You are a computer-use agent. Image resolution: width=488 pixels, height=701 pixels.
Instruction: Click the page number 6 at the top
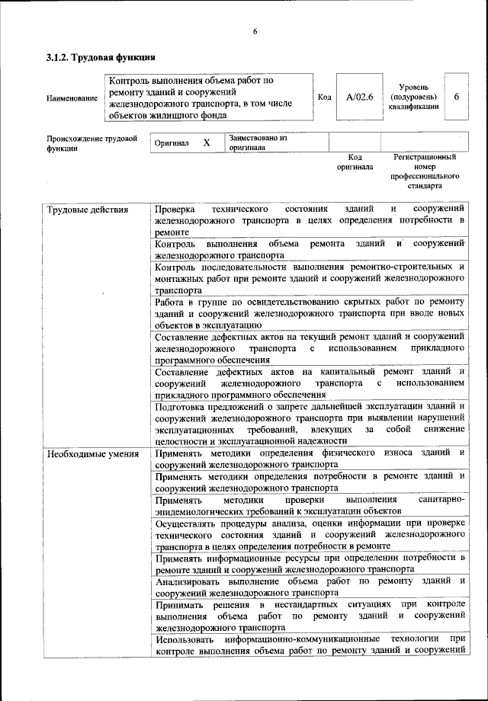(255, 30)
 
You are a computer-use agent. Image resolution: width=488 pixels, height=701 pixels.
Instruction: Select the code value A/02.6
(358, 98)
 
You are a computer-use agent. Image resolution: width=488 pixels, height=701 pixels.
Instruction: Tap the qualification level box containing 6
(456, 98)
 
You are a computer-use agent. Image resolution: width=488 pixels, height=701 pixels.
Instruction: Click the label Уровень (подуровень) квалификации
(413, 98)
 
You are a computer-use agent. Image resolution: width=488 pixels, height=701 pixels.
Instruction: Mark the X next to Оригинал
(206, 142)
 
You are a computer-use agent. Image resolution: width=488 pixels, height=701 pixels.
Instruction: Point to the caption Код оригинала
(355, 162)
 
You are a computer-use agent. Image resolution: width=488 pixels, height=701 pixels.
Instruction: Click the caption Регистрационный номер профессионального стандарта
(424, 171)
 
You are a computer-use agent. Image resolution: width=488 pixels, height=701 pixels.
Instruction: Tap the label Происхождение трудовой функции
(91, 143)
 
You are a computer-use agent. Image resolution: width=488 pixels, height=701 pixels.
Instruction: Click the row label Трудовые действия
(88, 210)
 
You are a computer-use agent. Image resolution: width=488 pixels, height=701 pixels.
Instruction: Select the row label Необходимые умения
(93, 455)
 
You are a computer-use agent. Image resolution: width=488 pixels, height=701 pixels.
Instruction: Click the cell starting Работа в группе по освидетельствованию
(309, 313)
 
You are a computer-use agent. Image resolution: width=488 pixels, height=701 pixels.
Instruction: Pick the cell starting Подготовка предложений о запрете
(309, 423)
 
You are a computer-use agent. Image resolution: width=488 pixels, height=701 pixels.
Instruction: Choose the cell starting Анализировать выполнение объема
(309, 587)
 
